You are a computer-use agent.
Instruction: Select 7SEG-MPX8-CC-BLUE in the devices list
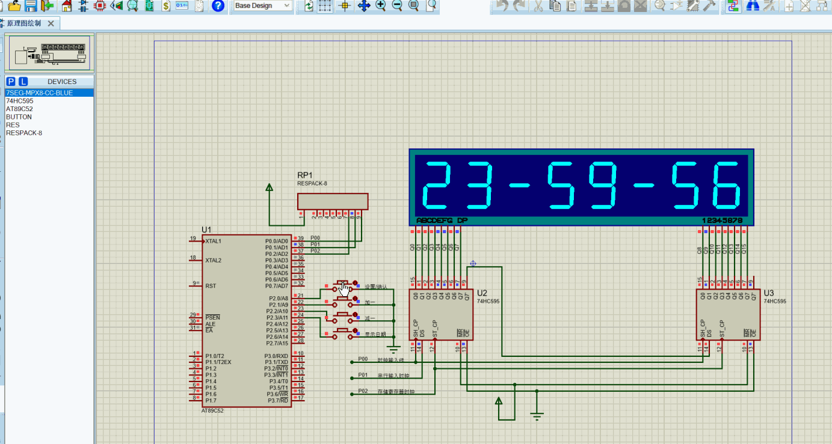point(39,93)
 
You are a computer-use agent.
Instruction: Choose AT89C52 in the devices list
point(19,109)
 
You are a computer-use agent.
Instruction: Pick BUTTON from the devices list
point(19,117)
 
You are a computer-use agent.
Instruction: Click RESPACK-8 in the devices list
point(24,133)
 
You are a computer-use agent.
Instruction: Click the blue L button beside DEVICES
point(23,82)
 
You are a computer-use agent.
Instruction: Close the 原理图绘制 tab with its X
point(51,23)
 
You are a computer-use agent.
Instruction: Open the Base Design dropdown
point(262,5)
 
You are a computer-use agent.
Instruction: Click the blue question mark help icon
point(218,5)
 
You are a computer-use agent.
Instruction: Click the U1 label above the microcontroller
point(207,230)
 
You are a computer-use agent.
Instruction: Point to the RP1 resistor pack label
point(306,175)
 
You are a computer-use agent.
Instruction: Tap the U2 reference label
point(482,293)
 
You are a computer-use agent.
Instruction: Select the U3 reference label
point(768,293)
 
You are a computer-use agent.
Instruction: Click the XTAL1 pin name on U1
point(213,242)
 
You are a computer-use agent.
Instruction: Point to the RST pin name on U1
point(211,286)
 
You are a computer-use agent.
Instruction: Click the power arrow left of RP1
point(270,188)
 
